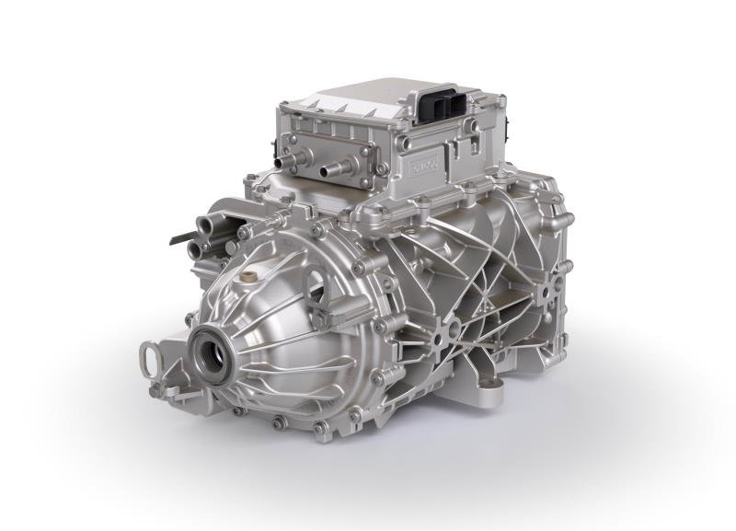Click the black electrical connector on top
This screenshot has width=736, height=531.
[442, 109]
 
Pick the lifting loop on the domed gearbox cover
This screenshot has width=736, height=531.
[315, 276]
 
